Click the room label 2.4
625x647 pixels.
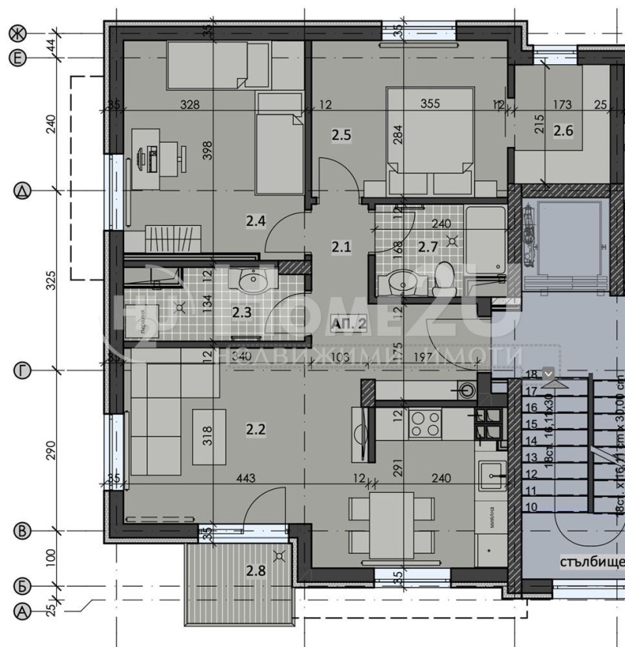click(x=257, y=222)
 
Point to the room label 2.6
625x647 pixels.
click(x=562, y=130)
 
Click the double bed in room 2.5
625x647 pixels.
click(x=430, y=141)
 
